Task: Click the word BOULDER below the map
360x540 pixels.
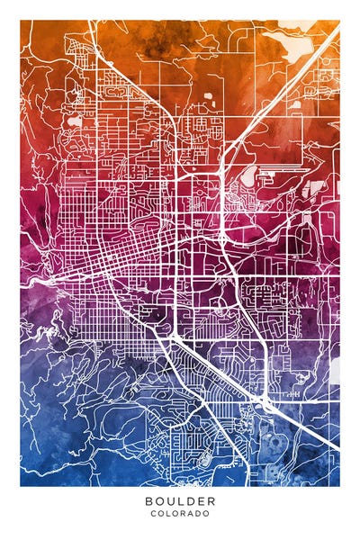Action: point(180,500)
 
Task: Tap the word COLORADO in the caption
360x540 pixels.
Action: point(180,514)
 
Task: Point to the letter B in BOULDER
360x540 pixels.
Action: point(148,500)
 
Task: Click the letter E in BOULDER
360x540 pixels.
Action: point(201,500)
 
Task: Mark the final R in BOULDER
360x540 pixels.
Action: point(211,500)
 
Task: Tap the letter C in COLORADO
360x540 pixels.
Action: point(154,514)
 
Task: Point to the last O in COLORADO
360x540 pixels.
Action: point(207,514)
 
